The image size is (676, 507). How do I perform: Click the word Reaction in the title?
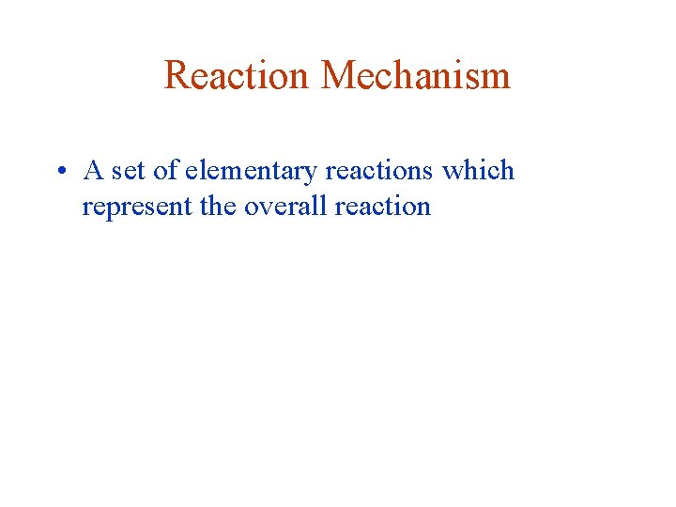coord(238,75)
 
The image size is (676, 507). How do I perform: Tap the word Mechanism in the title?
coord(416,75)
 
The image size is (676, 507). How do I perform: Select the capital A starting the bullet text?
coord(93,171)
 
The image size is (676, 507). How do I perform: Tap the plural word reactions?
coord(379,172)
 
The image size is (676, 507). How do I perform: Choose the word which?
coord(478,171)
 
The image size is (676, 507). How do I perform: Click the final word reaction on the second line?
coord(380,206)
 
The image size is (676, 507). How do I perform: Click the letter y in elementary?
coord(312,176)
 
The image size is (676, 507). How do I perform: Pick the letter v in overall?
coord(267,207)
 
